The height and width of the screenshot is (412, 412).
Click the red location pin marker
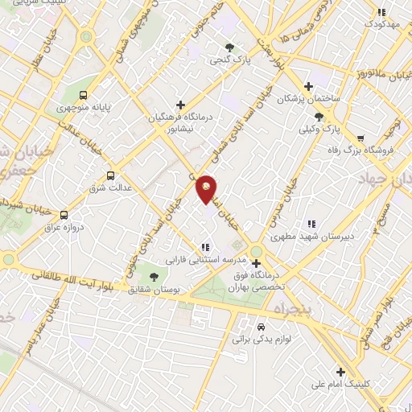tap(207, 188)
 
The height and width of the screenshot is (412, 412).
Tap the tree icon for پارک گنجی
tap(231, 47)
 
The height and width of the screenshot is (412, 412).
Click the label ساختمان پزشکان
tap(303, 99)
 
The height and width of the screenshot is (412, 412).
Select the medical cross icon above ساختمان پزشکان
tap(307, 86)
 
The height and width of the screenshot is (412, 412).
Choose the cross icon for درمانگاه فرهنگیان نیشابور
tap(180, 105)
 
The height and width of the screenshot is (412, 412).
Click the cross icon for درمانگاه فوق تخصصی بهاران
tap(256, 263)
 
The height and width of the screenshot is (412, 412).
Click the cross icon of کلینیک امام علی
tap(341, 372)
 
